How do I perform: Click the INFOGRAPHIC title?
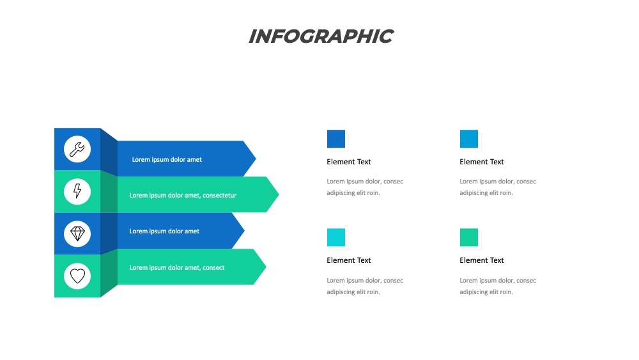(321, 36)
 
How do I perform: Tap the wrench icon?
(77, 149)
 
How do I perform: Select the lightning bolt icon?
(77, 191)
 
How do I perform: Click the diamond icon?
(77, 233)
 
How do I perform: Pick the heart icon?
(77, 276)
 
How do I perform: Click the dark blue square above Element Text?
(336, 139)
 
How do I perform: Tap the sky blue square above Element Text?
(468, 139)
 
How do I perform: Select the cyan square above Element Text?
(336, 237)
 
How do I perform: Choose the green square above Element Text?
(468, 237)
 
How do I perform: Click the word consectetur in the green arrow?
(219, 195)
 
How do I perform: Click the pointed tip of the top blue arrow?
(256, 159)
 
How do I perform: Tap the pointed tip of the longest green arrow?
(279, 194)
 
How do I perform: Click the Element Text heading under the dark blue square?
(348, 162)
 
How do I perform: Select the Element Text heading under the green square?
(481, 260)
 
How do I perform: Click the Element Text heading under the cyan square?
(348, 260)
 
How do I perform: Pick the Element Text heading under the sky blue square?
(481, 162)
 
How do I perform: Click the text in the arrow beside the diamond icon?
(164, 231)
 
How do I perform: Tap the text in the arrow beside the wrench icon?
(167, 159)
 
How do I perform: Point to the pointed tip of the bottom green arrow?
(266, 267)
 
